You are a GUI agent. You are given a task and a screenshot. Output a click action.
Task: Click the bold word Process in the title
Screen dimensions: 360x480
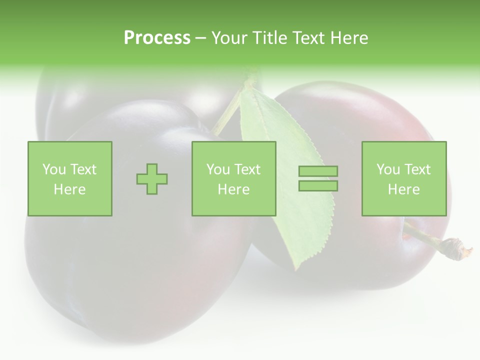point(157,38)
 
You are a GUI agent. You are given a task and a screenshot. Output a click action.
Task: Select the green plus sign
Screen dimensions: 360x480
point(152,178)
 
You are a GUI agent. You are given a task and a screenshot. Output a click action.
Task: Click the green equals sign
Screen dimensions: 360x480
point(318,178)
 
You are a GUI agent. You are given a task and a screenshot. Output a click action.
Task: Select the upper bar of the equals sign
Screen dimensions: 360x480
point(318,171)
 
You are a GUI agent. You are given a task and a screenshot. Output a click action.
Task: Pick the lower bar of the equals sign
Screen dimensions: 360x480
point(318,186)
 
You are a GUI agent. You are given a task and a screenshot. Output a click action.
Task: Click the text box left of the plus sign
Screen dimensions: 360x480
point(70,178)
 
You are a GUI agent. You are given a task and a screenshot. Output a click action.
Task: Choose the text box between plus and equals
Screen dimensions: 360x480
point(233,178)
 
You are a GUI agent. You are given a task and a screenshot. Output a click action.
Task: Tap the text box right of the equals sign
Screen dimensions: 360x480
point(403,178)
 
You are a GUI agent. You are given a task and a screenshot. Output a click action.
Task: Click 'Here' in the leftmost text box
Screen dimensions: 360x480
point(70,189)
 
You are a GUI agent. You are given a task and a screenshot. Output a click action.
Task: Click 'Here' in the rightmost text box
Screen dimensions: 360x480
point(403,189)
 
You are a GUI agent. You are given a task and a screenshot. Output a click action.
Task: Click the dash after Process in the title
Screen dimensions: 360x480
point(201,38)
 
